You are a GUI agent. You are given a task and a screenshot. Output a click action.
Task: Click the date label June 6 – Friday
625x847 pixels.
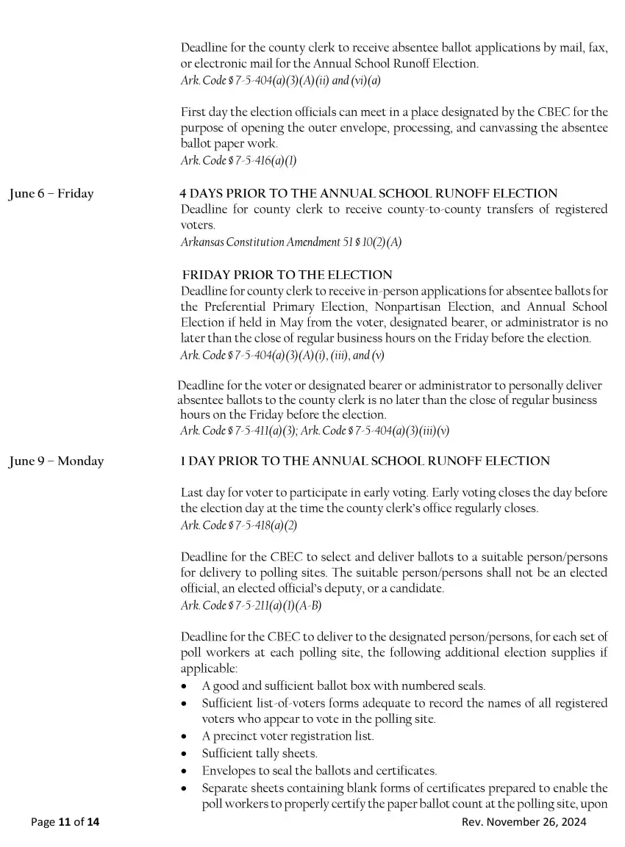(51, 194)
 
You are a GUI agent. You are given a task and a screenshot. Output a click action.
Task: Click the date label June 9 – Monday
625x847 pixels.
(57, 461)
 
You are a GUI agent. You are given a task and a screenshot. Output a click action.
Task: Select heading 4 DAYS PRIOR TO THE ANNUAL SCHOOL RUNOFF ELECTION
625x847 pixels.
(368, 193)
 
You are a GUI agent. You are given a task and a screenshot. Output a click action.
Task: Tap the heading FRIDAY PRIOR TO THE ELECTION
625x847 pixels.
(287, 275)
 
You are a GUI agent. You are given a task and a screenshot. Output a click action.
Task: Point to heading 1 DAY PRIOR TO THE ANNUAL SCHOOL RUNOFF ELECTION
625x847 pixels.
(365, 461)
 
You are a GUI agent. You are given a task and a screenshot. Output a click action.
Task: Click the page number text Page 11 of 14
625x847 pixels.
(65, 822)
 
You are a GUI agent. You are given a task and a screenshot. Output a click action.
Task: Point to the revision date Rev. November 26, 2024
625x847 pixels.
(524, 822)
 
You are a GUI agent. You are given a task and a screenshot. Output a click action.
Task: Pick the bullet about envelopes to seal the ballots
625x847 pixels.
(319, 771)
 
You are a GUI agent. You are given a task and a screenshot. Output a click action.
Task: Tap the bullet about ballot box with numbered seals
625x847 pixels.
(343, 686)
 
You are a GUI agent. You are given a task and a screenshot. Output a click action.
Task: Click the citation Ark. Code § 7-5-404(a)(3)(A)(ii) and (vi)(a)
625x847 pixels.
(280, 80)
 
